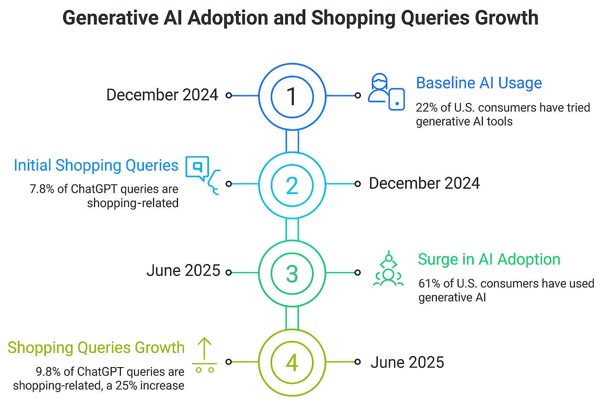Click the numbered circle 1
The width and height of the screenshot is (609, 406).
pos(292,96)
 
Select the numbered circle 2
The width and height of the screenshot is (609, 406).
pos(292,185)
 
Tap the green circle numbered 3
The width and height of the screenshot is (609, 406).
pos(292,274)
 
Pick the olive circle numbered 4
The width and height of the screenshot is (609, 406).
pos(292,362)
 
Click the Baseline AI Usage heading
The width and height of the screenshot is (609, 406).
pos(479,83)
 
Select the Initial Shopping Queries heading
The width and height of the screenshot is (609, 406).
pos(96,165)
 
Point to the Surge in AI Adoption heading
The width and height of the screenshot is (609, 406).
pos(489,259)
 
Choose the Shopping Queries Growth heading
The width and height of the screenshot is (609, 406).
pos(96,347)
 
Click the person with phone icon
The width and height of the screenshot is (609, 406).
pos(386,92)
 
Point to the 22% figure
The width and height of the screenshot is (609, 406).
pos(424,107)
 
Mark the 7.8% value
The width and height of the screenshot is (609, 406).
pos(42,189)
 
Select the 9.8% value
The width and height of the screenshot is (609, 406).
pos(48,372)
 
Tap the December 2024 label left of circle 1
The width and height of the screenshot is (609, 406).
pos(162,95)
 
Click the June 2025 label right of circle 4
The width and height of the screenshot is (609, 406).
pos(407,362)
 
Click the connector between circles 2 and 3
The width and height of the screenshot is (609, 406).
pos(292,229)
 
